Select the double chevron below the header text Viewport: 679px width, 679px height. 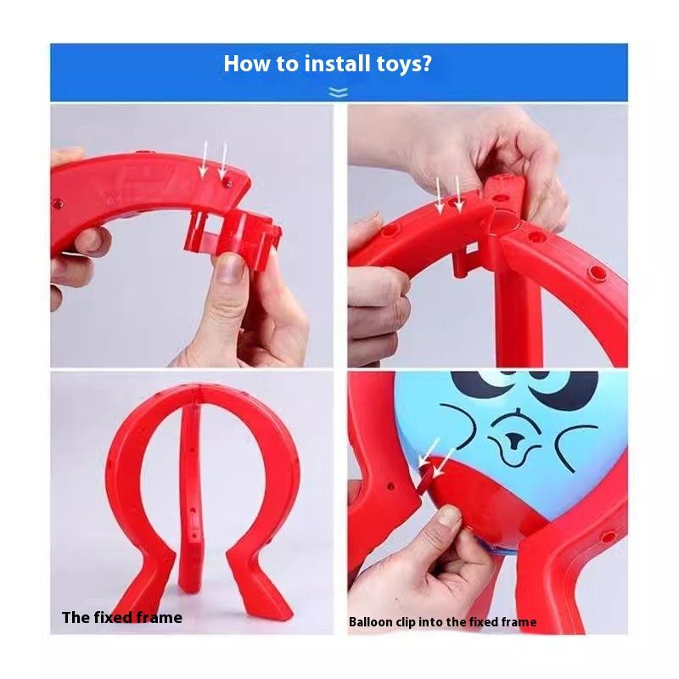338,93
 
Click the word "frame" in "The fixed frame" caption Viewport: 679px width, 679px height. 159,617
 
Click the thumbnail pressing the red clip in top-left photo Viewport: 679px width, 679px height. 230,267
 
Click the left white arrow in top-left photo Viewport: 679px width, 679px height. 205,159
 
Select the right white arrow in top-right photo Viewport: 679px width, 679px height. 458,194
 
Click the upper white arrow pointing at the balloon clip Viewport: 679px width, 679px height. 429,452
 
